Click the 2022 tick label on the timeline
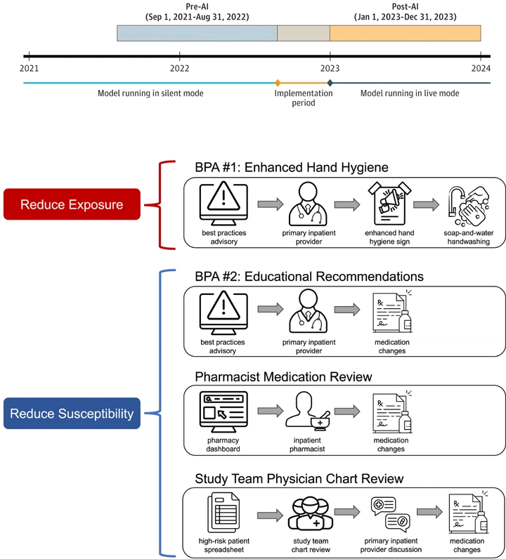pos(179,68)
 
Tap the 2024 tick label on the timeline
pos(481,68)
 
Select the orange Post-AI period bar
pos(405,33)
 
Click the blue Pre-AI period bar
pos(197,33)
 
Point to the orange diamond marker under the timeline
pos(278,83)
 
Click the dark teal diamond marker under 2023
pos(330,83)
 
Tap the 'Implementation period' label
pos(304,98)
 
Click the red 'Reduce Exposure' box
pos(72,205)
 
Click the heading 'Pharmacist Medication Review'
pos(283,377)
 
